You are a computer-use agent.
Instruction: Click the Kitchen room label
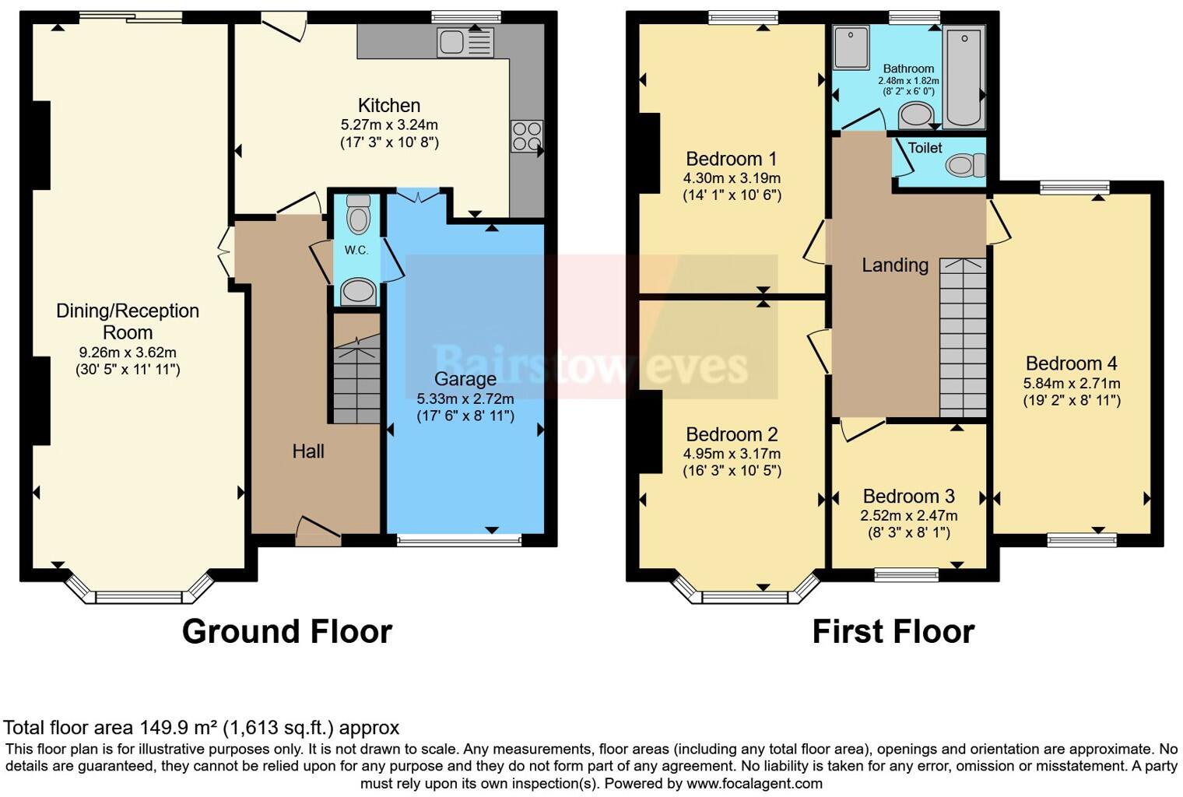click(x=389, y=106)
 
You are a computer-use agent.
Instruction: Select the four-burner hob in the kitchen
click(x=526, y=136)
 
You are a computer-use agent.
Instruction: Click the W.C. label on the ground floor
click(x=356, y=251)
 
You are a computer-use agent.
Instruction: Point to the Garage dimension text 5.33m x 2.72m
click(x=465, y=398)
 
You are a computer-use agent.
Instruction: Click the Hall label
click(x=308, y=451)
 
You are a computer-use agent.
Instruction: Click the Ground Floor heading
click(x=286, y=631)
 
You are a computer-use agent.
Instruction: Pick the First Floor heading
click(x=893, y=631)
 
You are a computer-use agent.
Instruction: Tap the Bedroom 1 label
click(x=724, y=160)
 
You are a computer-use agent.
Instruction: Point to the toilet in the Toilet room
click(x=964, y=165)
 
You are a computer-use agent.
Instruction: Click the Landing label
click(x=895, y=265)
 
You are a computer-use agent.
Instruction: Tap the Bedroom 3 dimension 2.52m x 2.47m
click(x=908, y=516)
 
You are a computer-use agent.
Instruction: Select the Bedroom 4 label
click(x=1071, y=363)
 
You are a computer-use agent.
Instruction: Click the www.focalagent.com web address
click(x=754, y=784)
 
